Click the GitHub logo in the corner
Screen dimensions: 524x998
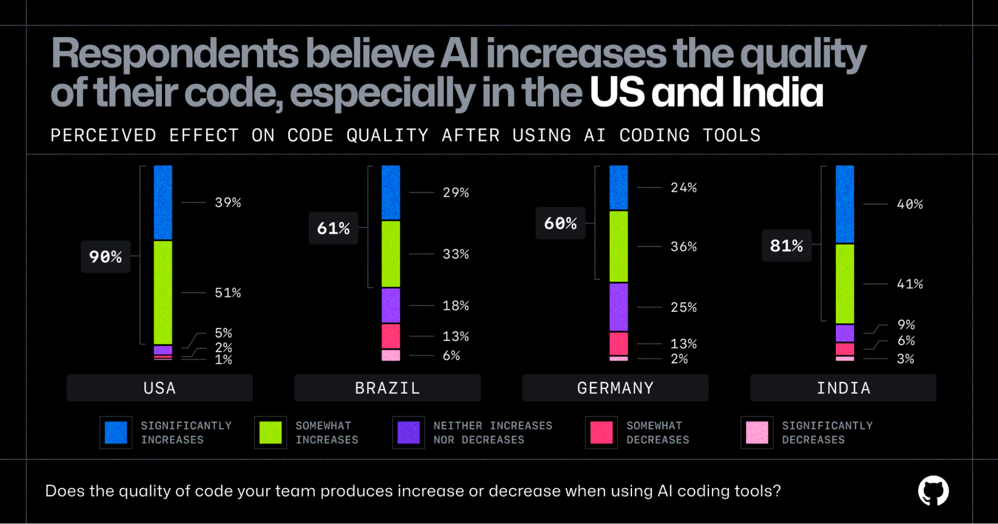pos(933,491)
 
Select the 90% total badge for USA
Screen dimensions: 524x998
pos(105,257)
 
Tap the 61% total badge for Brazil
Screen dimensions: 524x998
pos(333,228)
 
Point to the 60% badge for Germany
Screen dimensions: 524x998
pos(560,223)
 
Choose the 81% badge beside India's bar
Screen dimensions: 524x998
pos(786,246)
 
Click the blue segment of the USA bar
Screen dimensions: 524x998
pos(163,202)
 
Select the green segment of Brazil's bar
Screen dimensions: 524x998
pos(390,254)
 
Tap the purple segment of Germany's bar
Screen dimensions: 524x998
pos(619,307)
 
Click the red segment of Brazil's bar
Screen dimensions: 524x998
pos(390,336)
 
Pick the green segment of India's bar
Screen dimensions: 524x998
pos(845,283)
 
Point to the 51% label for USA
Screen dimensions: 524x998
pos(228,292)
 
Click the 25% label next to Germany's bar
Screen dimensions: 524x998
pos(683,307)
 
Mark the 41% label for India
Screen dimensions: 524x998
pos(910,284)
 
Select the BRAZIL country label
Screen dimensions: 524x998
pos(387,388)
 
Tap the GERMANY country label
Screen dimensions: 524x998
pos(615,388)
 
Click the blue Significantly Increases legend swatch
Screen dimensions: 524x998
pos(116,432)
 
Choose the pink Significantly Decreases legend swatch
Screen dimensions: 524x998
pos(757,432)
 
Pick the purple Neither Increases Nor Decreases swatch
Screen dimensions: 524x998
pos(408,432)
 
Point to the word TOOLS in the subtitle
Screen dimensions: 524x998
pos(731,135)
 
